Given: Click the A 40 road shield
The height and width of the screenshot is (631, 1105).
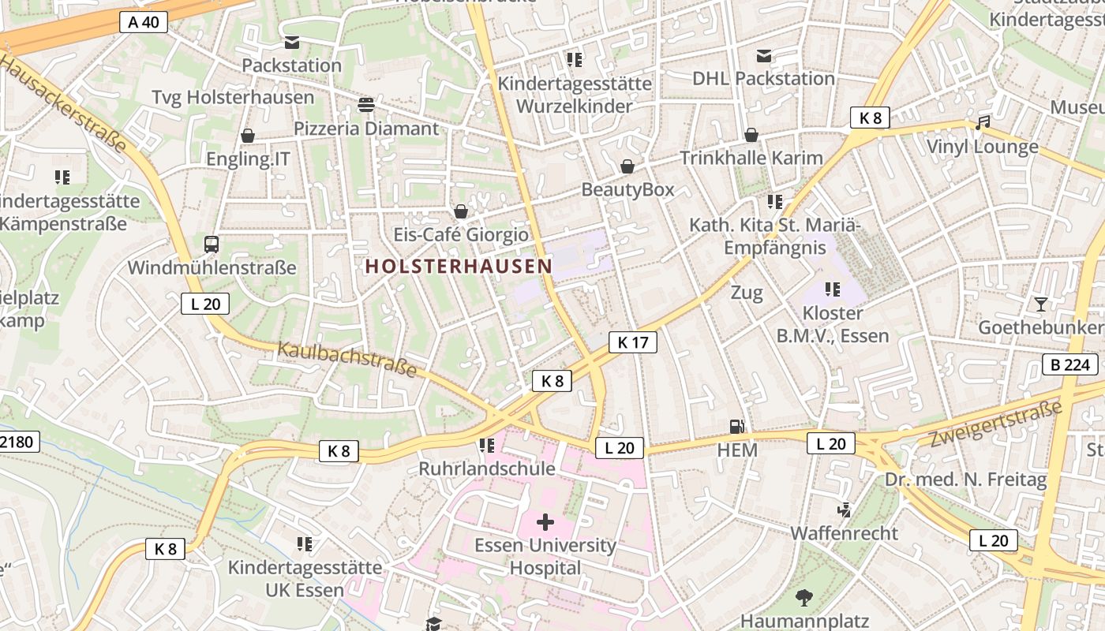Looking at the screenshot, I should click(x=144, y=22).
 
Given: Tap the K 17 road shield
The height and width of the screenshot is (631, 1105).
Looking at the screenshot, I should click(x=632, y=342).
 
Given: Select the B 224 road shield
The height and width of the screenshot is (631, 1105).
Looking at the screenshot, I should click(x=1069, y=364).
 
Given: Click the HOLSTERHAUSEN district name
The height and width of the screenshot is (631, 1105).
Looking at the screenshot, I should click(x=459, y=267).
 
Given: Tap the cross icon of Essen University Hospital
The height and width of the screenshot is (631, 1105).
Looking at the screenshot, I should click(x=545, y=522).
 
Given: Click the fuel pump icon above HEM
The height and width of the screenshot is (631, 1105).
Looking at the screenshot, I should click(x=736, y=427).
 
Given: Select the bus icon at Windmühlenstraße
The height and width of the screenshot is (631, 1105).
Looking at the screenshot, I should click(x=212, y=245).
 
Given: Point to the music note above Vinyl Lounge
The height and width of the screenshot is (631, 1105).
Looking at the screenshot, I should click(x=982, y=123).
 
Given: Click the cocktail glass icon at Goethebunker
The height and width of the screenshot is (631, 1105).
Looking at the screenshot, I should click(x=1041, y=304).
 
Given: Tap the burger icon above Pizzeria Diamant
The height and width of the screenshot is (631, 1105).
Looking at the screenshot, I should click(x=365, y=104).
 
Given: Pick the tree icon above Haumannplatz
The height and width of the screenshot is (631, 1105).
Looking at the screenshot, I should click(x=803, y=598).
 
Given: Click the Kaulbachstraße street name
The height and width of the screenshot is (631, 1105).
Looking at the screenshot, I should click(x=346, y=360).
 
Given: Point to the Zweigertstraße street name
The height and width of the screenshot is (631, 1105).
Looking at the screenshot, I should click(x=995, y=424).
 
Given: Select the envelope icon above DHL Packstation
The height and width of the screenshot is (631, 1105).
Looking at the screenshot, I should click(x=763, y=55).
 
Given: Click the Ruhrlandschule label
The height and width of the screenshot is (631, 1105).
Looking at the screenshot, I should click(x=487, y=469).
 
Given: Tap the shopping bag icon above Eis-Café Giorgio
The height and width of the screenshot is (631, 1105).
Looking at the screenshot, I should click(x=460, y=211).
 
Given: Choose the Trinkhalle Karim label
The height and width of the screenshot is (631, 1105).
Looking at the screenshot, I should click(x=751, y=158).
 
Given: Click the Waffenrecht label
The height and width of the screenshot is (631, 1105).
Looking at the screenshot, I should click(x=845, y=533).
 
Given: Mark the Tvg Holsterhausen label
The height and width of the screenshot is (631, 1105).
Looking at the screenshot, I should click(x=233, y=97).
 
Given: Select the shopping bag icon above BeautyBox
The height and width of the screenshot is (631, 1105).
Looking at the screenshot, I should click(x=627, y=166).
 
